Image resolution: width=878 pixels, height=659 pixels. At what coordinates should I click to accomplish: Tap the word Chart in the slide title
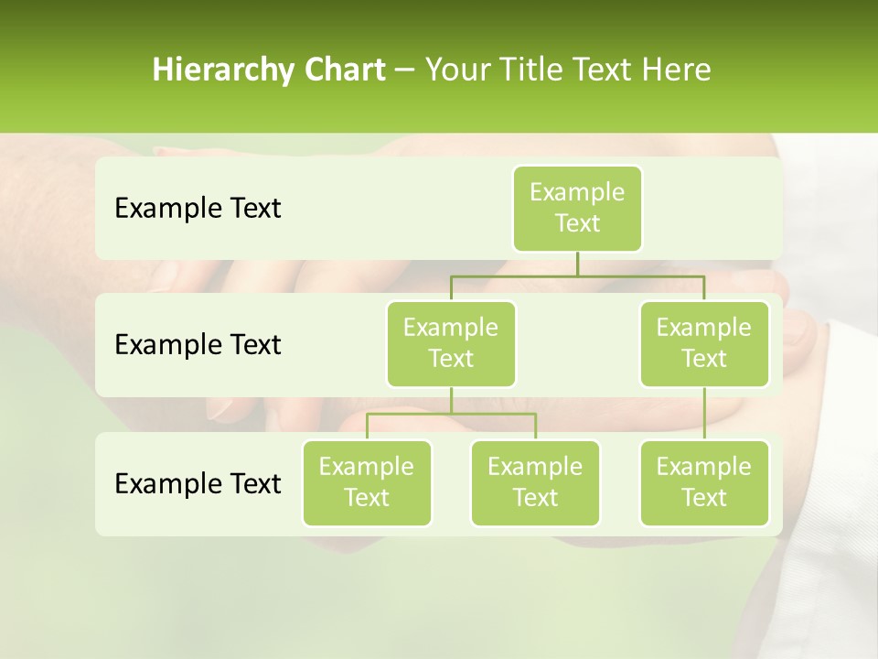[x=345, y=70]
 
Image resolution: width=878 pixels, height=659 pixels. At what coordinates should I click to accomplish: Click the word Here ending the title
[x=677, y=70]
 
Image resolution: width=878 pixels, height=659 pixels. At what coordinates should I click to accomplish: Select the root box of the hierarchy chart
[x=577, y=208]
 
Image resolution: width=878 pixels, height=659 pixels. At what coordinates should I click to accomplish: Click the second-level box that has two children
[x=451, y=343]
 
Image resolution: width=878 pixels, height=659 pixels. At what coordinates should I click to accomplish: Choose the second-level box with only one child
[x=704, y=343]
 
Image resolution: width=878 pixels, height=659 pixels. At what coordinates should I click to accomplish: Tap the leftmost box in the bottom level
[x=367, y=482]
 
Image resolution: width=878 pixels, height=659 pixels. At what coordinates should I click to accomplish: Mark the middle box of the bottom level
[x=535, y=482]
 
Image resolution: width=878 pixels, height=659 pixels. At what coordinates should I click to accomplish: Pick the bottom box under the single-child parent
[x=704, y=482]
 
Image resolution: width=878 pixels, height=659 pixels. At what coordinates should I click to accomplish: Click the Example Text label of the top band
[x=198, y=209]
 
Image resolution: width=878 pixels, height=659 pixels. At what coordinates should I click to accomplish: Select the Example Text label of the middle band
[x=198, y=345]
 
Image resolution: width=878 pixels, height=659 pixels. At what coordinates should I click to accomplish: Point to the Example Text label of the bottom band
[x=198, y=483]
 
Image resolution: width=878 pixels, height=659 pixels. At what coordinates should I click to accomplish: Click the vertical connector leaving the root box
[x=577, y=264]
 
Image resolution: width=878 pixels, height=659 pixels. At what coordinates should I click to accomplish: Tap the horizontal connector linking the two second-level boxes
[x=577, y=275]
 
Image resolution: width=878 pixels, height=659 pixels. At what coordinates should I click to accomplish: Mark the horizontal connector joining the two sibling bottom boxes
[x=451, y=414]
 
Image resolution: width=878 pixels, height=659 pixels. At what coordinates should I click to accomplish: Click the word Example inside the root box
[x=577, y=192]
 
